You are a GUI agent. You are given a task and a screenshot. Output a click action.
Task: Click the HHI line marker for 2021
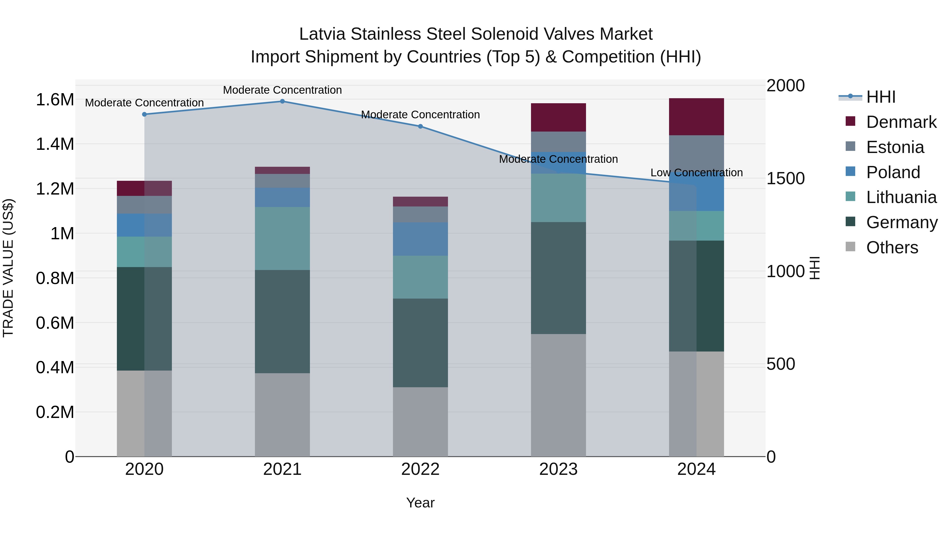coord(282,101)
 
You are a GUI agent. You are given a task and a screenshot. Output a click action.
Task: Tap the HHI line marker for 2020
coord(144,114)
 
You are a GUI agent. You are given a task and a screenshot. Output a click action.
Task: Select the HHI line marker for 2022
coord(420,126)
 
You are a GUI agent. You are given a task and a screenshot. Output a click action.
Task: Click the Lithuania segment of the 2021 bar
coord(282,238)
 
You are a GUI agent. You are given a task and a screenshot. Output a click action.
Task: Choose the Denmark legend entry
coord(901,122)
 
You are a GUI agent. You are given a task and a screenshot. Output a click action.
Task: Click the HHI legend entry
coord(881,97)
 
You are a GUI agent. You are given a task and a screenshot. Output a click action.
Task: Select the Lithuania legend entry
coord(901,197)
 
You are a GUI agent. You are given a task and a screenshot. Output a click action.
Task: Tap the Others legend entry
coord(892,247)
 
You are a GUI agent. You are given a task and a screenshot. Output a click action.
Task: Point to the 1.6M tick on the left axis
coord(55,100)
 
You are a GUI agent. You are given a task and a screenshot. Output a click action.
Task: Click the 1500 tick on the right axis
coord(785,178)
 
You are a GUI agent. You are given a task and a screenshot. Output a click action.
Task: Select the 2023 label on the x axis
coord(558,469)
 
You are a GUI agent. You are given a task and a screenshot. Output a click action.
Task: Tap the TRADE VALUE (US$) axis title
coord(8,268)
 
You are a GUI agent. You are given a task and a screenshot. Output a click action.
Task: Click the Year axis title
coord(420,503)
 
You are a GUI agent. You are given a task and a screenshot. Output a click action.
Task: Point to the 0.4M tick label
coord(55,367)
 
